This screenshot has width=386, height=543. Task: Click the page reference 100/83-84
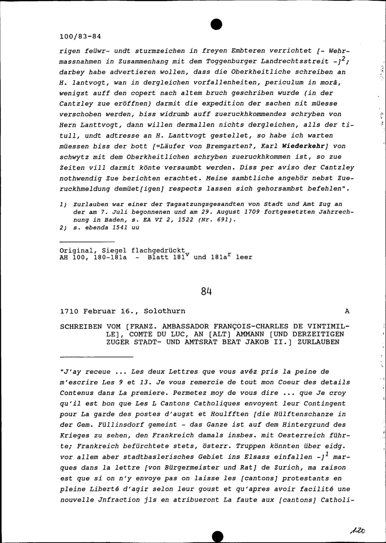point(80,37)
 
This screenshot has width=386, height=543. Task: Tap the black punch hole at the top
point(217,24)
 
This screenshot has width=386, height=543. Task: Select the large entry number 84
point(207,292)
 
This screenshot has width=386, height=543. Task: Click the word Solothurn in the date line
point(164,311)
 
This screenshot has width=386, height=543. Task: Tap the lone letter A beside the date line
point(347,311)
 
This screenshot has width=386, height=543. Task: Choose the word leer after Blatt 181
point(244,257)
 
